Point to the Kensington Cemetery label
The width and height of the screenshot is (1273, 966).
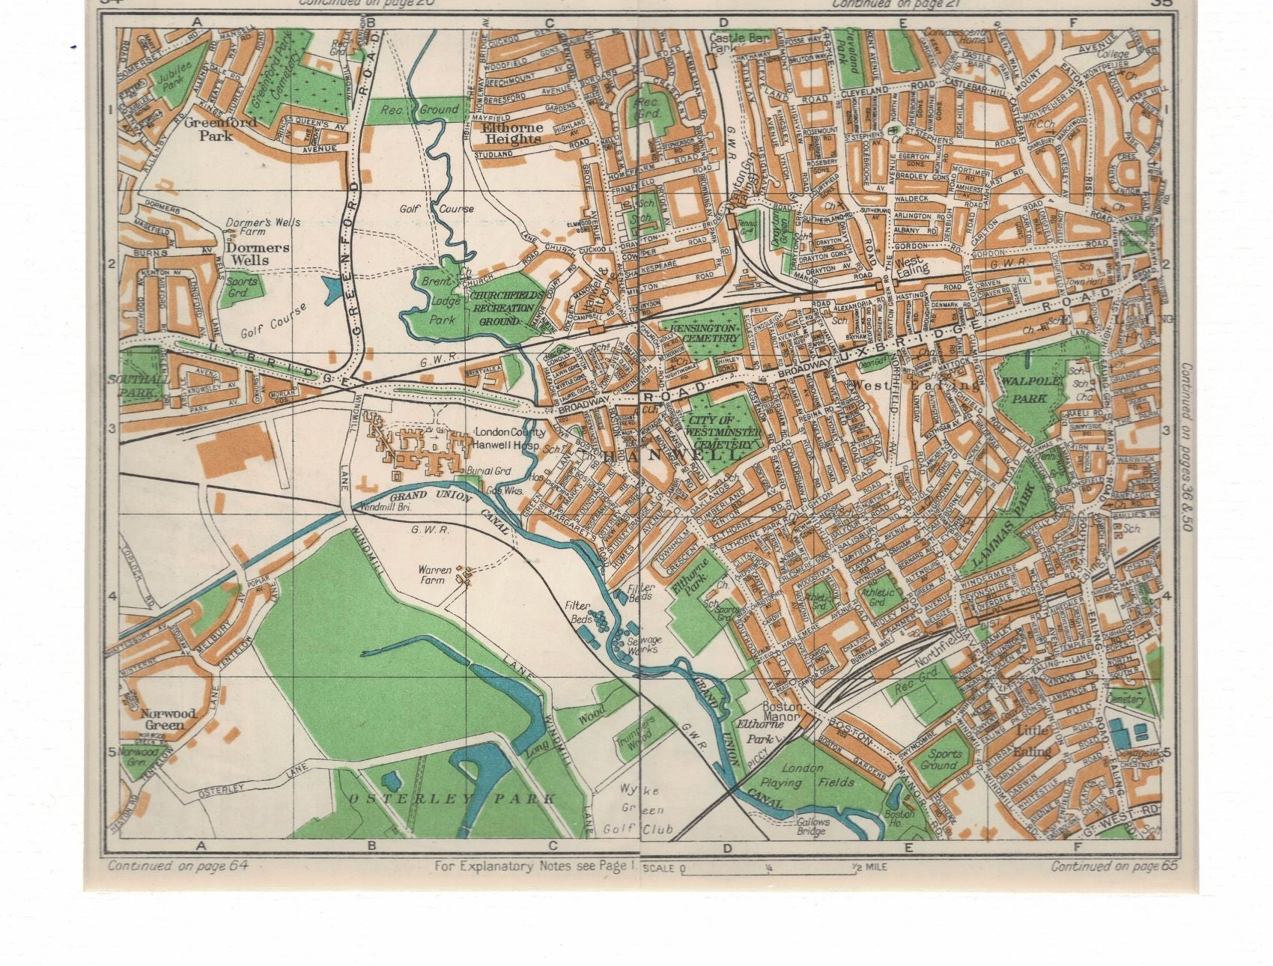point(704,334)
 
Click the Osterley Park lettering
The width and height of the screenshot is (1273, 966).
point(452,799)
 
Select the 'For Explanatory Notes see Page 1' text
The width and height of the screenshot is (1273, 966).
point(535,866)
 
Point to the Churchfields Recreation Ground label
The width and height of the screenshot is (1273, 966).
point(502,308)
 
